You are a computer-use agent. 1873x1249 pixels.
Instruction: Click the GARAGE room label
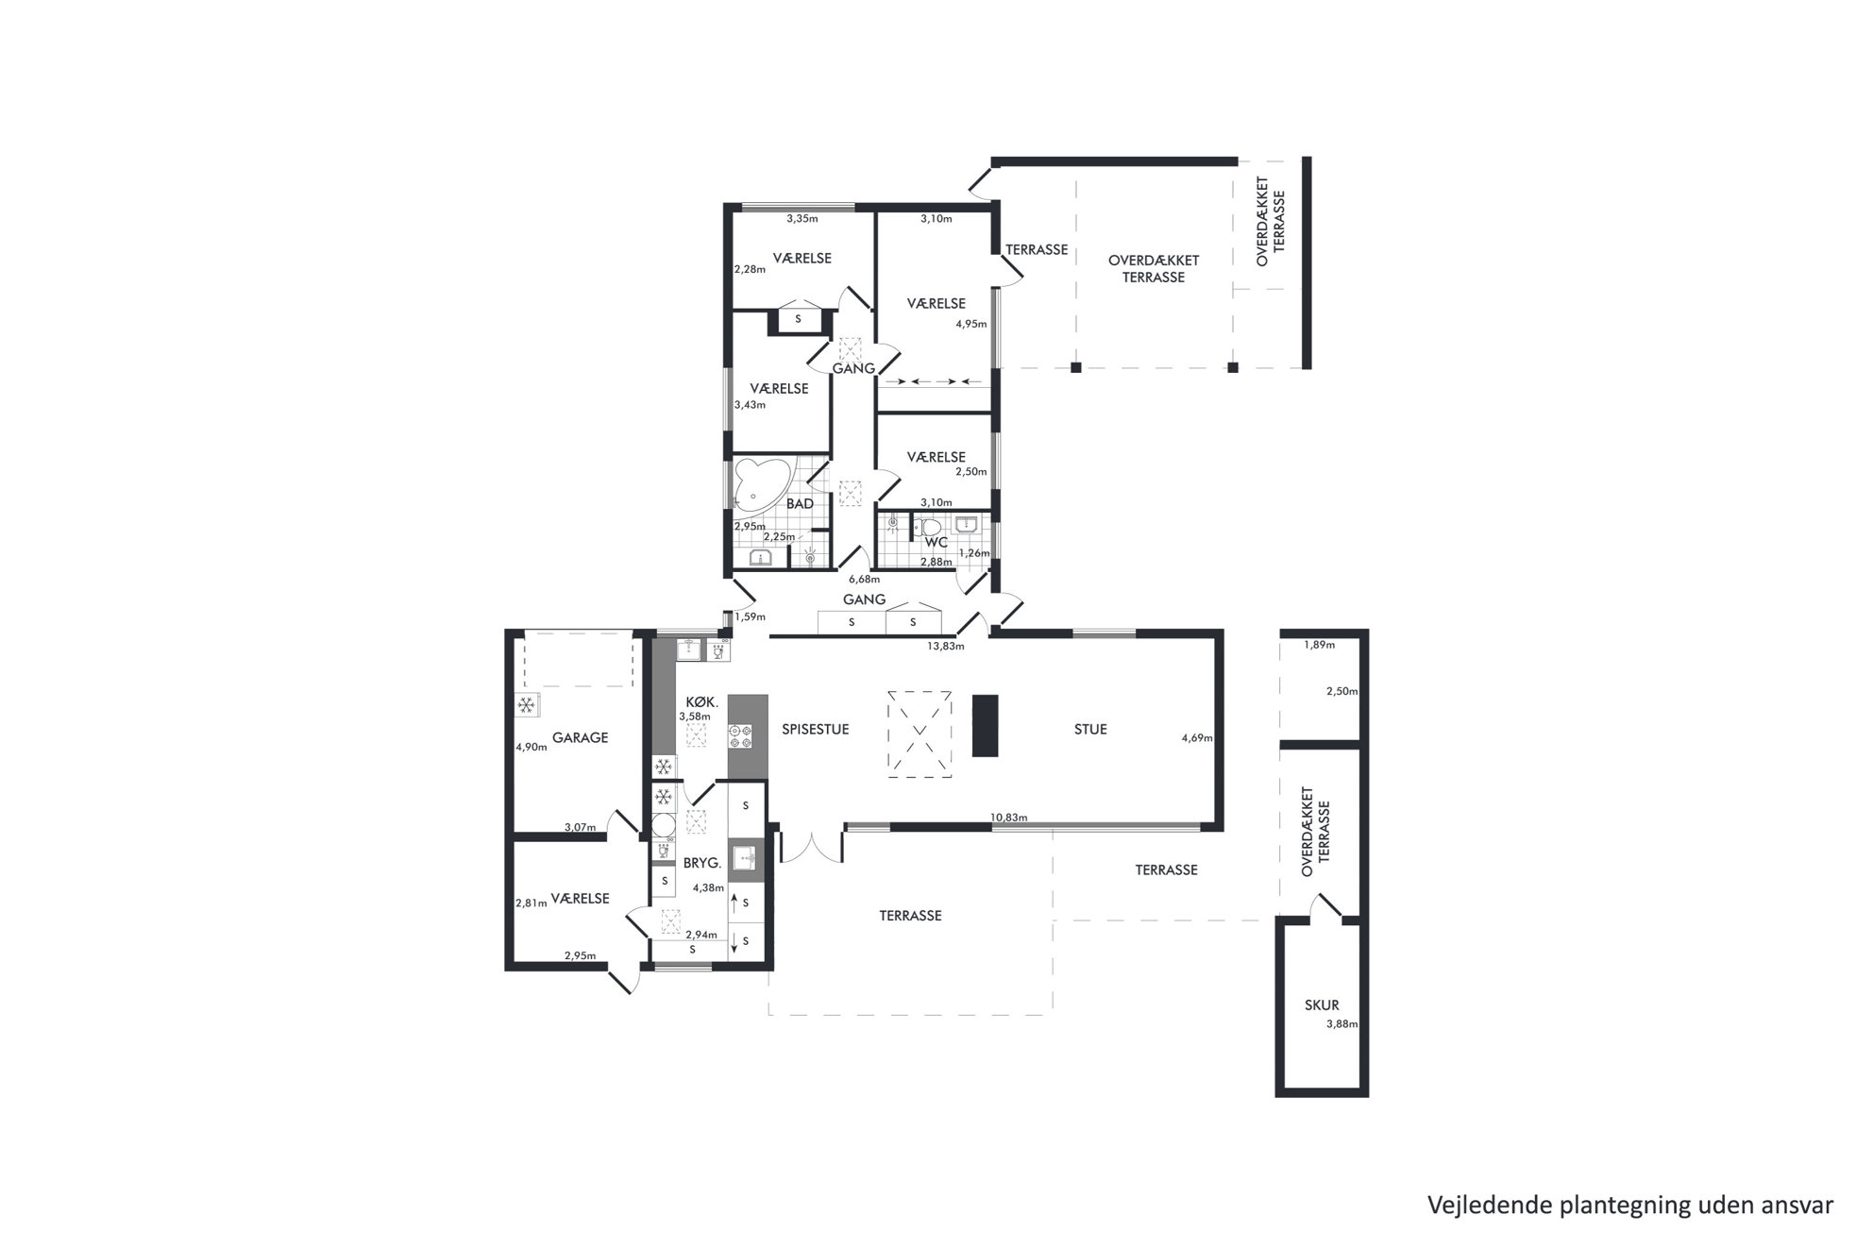click(580, 737)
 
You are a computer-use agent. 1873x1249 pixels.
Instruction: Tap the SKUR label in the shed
click(1322, 1005)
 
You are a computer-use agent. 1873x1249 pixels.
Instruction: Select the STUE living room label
click(1090, 729)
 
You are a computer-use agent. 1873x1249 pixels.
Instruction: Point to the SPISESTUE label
click(816, 729)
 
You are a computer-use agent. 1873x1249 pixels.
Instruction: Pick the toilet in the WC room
click(932, 527)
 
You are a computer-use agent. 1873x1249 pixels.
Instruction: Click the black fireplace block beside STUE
click(985, 725)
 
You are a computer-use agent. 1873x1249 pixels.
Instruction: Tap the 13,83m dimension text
click(946, 647)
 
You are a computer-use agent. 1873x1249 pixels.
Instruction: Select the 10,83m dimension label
click(1009, 818)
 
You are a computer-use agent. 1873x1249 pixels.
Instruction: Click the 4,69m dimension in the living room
click(1197, 738)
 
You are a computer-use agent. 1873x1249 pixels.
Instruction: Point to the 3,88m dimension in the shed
click(1341, 1024)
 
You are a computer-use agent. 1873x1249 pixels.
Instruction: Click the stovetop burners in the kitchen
click(739, 736)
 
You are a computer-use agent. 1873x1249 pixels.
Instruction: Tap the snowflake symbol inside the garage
click(526, 705)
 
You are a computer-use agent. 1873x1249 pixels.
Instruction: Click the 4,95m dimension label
click(971, 324)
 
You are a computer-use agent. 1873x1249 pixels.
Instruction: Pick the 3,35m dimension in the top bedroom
click(802, 219)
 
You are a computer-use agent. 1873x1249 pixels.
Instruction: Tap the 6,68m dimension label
click(864, 580)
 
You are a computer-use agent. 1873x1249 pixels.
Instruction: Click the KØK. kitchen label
click(703, 702)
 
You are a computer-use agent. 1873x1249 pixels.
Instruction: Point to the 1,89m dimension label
click(1320, 646)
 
